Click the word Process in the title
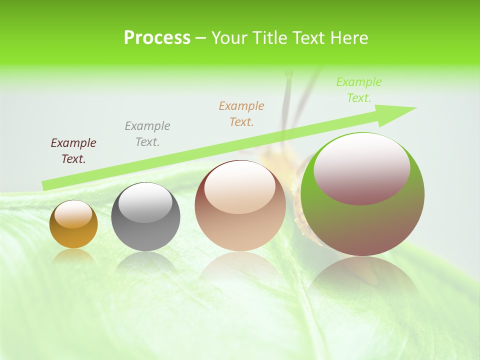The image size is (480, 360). (x=157, y=38)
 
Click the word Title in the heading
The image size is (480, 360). (x=269, y=38)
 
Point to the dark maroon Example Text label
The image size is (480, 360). (x=73, y=151)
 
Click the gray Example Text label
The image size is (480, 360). (x=147, y=134)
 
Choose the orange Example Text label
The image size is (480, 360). (x=241, y=113)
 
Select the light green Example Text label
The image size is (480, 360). (x=359, y=90)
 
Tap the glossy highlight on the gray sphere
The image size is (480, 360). (x=145, y=202)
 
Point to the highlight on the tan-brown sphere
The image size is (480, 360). (x=239, y=186)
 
